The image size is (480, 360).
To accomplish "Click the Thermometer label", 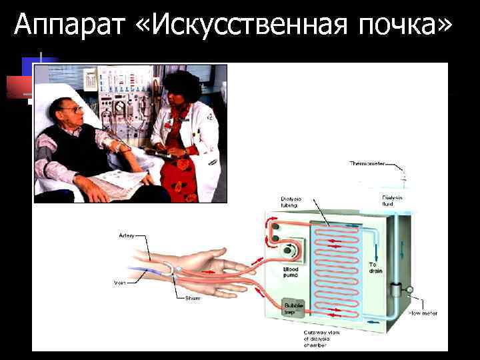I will [x=369, y=163].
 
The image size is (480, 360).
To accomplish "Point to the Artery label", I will [x=128, y=235].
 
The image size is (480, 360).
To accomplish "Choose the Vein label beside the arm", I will [x=119, y=283].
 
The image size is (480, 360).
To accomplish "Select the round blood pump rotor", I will [x=289, y=251].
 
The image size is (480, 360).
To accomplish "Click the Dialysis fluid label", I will [x=393, y=199].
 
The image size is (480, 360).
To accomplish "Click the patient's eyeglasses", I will [x=74, y=108].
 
